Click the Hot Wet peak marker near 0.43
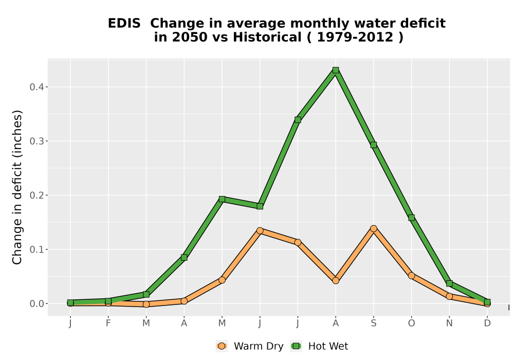[335, 70]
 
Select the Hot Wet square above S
[373, 145]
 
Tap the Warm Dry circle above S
[373, 228]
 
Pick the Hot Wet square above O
[411, 218]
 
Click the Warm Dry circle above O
[411, 276]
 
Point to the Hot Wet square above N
[449, 283]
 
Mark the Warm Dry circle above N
[449, 296]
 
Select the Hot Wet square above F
[108, 301]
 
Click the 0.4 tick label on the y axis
[36, 87]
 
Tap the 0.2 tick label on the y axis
[36, 195]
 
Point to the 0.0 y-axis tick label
[36, 303]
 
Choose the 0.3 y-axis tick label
[36, 141]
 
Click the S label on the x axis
[373, 323]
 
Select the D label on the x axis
[487, 323]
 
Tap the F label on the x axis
[108, 323]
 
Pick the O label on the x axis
[411, 323]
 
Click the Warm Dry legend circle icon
[222, 346]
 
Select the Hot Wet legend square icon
[297, 346]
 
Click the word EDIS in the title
[124, 24]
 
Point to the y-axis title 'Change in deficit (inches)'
[17, 187]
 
